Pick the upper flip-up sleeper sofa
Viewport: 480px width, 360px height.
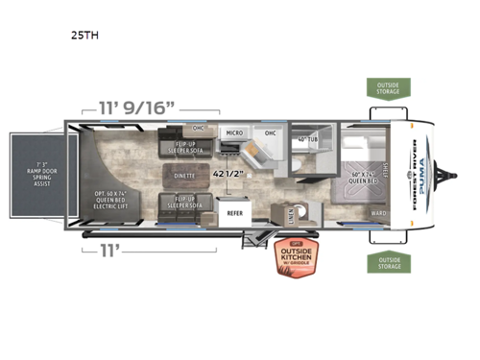(182, 147)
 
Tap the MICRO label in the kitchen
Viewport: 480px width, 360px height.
(233, 132)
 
